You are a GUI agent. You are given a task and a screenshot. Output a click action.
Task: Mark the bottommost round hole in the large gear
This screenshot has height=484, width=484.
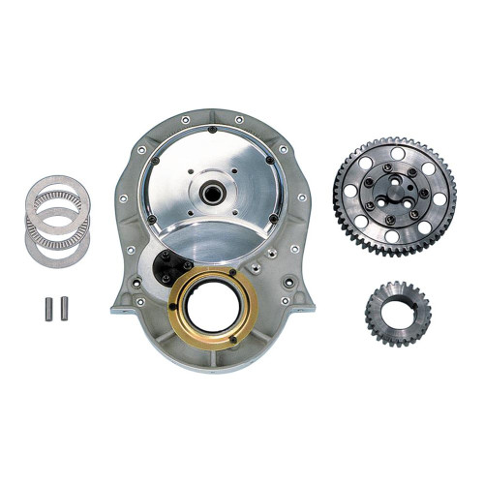pos(390,235)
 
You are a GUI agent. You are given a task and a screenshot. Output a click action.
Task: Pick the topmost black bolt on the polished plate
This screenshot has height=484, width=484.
pos(211,130)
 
